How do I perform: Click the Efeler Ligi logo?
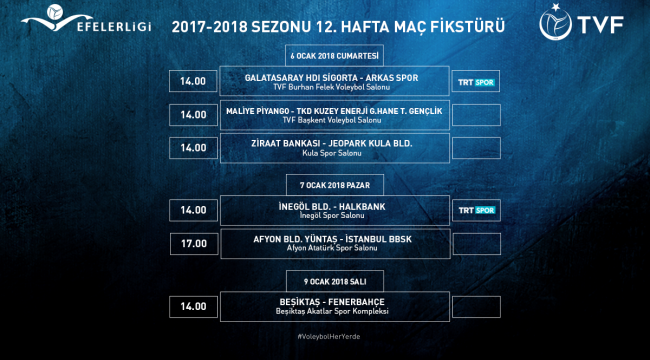pyautogui.click(x=86, y=19)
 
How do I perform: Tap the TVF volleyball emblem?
pyautogui.click(x=555, y=23)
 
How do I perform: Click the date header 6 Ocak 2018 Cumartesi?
pyautogui.click(x=335, y=56)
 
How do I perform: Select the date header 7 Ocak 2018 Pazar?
pyautogui.click(x=335, y=185)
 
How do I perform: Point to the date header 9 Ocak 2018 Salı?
pyautogui.click(x=335, y=282)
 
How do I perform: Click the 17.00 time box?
pyautogui.click(x=194, y=243)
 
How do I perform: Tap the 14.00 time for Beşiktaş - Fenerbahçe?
pyautogui.click(x=193, y=306)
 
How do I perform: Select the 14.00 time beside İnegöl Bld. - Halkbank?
pyautogui.click(x=193, y=210)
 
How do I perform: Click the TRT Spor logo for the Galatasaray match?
pyautogui.click(x=476, y=82)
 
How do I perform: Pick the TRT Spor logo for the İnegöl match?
pyautogui.click(x=477, y=210)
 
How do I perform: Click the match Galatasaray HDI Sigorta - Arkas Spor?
pyautogui.click(x=332, y=78)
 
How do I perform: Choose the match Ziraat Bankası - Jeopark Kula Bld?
pyautogui.click(x=332, y=144)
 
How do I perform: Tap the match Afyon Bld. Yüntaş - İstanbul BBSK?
pyautogui.click(x=332, y=239)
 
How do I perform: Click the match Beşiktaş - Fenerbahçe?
pyautogui.click(x=332, y=302)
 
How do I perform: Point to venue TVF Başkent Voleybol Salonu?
pyautogui.click(x=331, y=120)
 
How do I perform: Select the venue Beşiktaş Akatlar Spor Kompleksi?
pyautogui.click(x=332, y=311)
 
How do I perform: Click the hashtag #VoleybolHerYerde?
pyautogui.click(x=329, y=337)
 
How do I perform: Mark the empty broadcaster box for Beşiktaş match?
pyautogui.click(x=476, y=306)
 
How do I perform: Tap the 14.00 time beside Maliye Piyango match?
pyautogui.click(x=193, y=115)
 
